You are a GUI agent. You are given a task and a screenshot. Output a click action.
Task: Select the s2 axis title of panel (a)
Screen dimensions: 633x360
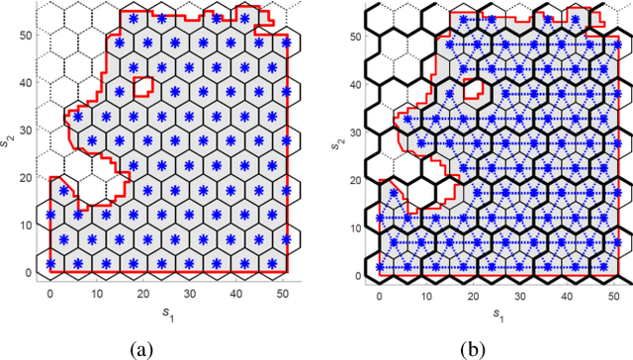(8, 145)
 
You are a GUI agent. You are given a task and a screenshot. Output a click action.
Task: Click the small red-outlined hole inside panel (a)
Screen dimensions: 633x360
(143, 87)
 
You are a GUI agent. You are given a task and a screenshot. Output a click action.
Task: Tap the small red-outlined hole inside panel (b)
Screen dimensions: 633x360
(475, 87)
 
